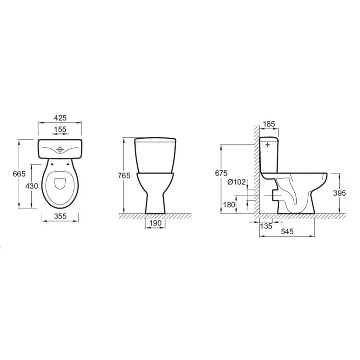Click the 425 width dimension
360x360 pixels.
click(x=60, y=118)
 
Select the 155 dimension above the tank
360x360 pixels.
click(x=60, y=129)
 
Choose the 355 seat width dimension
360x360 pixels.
click(x=60, y=216)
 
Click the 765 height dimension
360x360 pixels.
click(x=124, y=176)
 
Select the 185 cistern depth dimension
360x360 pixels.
click(x=269, y=124)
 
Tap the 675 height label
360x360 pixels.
click(x=220, y=173)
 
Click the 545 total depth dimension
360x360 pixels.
click(x=287, y=232)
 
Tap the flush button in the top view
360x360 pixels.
click(x=60, y=149)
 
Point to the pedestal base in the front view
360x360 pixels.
click(x=155, y=204)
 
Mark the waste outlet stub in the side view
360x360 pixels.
click(x=274, y=195)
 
